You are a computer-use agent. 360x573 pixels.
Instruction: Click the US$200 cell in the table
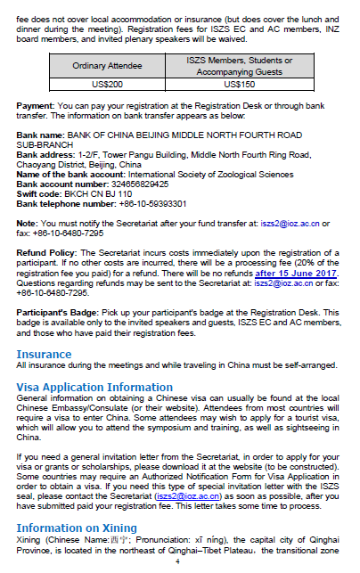tap(107, 84)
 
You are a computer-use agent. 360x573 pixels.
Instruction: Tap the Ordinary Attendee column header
tap(107, 65)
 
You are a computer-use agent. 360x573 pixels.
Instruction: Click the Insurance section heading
tap(45, 355)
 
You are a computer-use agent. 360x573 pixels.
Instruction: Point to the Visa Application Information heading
tap(94, 387)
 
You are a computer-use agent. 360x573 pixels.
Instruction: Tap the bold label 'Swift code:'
tap(39, 192)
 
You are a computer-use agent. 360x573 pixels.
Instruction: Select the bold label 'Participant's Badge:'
tap(57, 314)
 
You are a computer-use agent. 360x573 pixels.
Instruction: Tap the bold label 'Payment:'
tap(35, 105)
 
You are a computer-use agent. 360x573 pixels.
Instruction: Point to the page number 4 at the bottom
tap(177, 562)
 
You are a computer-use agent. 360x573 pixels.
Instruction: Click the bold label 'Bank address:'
tap(46, 153)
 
